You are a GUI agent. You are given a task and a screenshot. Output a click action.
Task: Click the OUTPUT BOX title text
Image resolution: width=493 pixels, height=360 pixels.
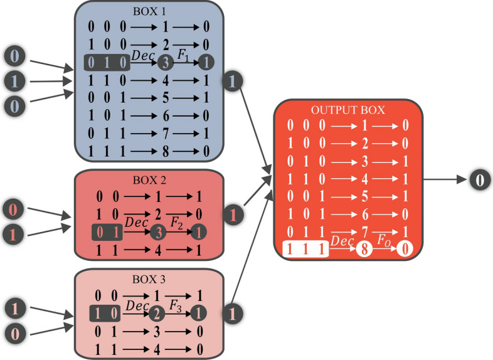tap(348, 110)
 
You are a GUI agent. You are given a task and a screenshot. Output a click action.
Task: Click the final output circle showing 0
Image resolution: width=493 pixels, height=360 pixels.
tap(479, 181)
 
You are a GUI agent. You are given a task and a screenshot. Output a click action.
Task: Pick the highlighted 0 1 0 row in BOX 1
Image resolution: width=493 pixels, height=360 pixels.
tap(107, 62)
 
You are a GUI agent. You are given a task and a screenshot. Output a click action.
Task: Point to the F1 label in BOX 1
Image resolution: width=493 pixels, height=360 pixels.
tap(183, 55)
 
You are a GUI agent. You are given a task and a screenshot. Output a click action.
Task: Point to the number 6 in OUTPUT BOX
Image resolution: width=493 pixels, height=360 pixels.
tap(366, 214)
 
